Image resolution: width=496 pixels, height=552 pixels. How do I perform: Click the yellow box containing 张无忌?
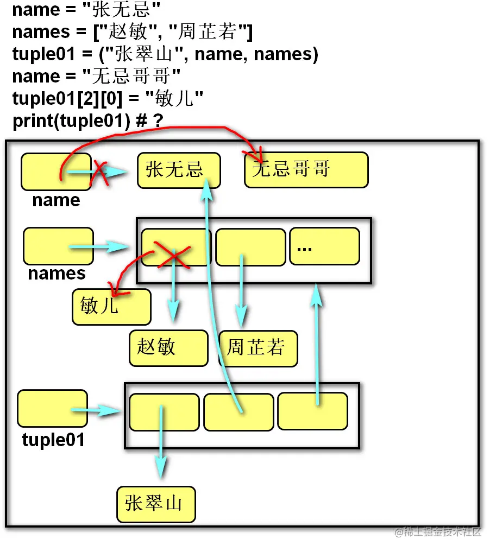(179, 170)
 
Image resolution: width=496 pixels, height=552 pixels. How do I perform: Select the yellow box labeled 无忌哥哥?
(306, 170)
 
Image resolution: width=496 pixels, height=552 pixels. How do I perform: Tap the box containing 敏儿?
(111, 307)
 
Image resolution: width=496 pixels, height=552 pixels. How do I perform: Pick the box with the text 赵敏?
(168, 348)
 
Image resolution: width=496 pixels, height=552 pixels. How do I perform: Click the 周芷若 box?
(258, 348)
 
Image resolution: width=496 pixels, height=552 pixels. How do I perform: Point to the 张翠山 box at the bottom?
(156, 504)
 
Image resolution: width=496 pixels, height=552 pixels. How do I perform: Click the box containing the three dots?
(324, 246)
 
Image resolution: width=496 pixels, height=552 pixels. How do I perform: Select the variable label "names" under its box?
(56, 273)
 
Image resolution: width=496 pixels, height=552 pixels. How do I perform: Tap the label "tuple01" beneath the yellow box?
(53, 440)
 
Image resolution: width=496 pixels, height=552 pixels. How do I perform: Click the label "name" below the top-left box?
(56, 200)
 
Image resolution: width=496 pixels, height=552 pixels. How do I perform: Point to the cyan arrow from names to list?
(98, 247)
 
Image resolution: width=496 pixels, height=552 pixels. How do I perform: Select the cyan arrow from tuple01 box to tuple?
(97, 411)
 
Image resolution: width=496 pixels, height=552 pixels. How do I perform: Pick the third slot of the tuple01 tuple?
(312, 411)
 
